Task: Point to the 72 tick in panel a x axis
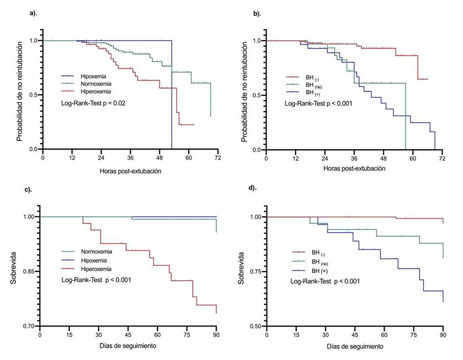[x=217, y=159]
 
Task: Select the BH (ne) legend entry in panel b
[x=315, y=85]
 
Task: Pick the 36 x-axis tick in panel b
[x=354, y=159]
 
